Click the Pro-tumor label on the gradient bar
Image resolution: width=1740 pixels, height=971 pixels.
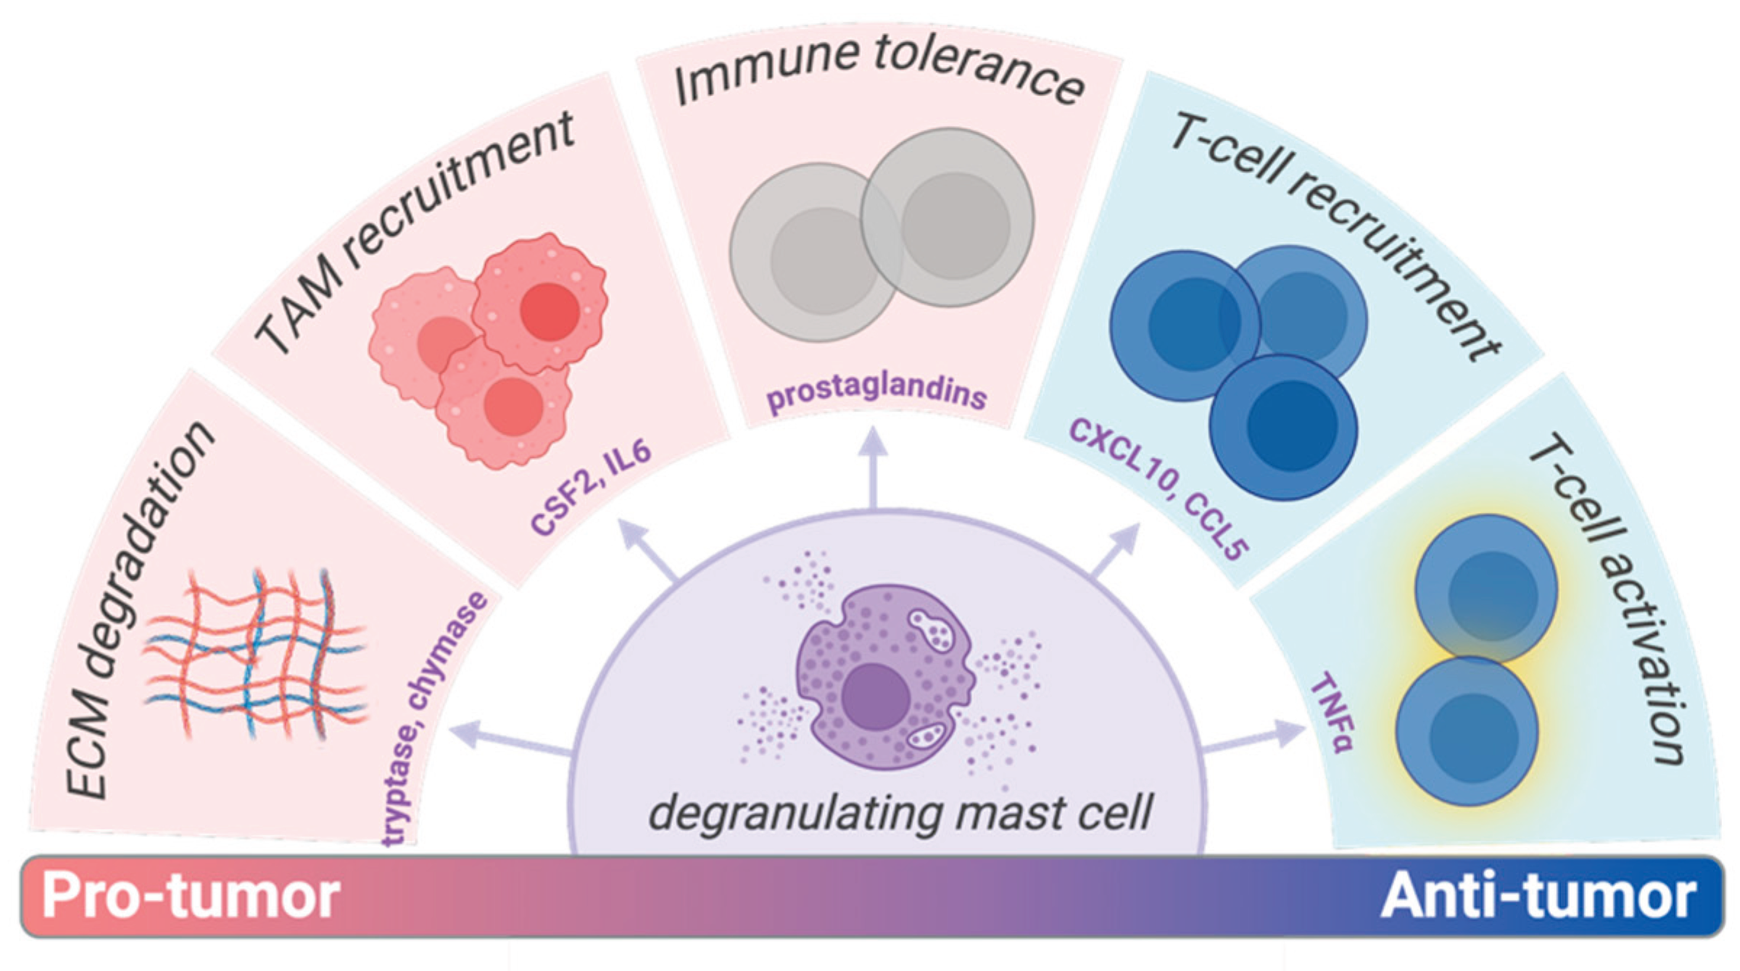click(191, 896)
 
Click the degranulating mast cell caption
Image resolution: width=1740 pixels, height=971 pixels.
click(900, 813)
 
